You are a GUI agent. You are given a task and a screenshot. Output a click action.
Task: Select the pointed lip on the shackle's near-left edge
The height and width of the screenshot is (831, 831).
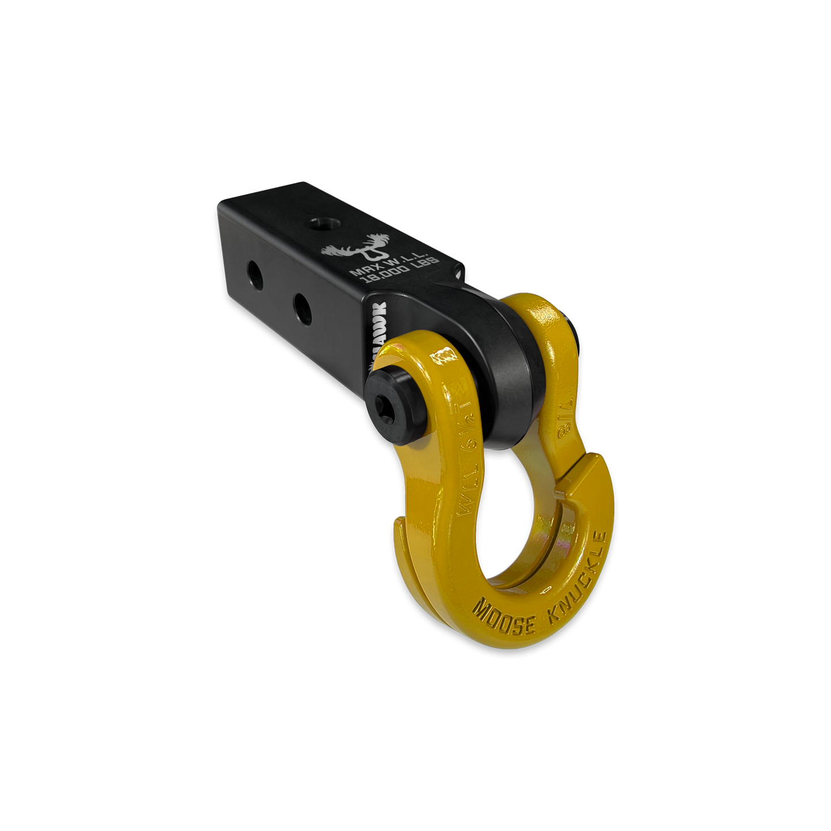(400, 520)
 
